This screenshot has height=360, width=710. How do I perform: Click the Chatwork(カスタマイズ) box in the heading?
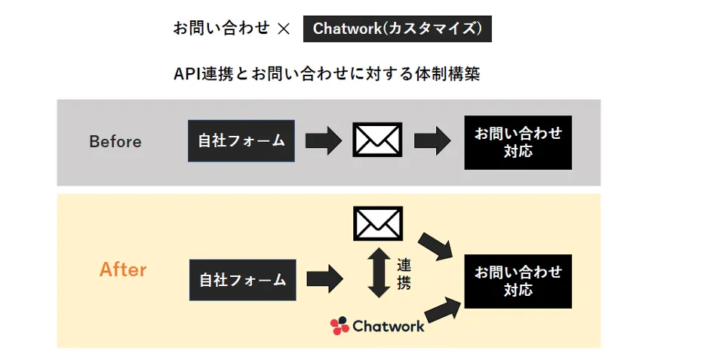click(x=397, y=29)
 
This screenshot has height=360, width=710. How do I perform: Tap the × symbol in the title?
click(x=284, y=29)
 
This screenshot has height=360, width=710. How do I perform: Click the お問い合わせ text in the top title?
click(x=221, y=29)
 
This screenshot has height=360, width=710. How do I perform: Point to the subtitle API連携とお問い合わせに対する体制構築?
click(x=327, y=74)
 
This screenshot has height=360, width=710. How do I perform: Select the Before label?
click(x=115, y=142)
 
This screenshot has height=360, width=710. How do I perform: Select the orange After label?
click(x=123, y=269)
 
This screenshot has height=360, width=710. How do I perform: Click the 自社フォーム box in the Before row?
click(x=241, y=140)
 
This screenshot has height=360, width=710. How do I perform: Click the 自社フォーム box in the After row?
click(x=242, y=280)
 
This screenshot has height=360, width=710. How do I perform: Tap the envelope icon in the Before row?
click(x=377, y=140)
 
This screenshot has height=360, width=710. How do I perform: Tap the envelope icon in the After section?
click(x=377, y=223)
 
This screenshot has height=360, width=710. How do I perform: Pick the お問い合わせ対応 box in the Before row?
click(x=518, y=142)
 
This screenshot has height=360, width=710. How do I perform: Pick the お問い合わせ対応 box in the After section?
click(x=518, y=281)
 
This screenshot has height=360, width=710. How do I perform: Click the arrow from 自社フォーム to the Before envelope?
click(x=324, y=141)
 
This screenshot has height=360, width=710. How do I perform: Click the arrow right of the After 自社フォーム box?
click(x=324, y=279)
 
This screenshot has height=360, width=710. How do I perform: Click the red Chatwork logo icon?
click(x=340, y=325)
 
